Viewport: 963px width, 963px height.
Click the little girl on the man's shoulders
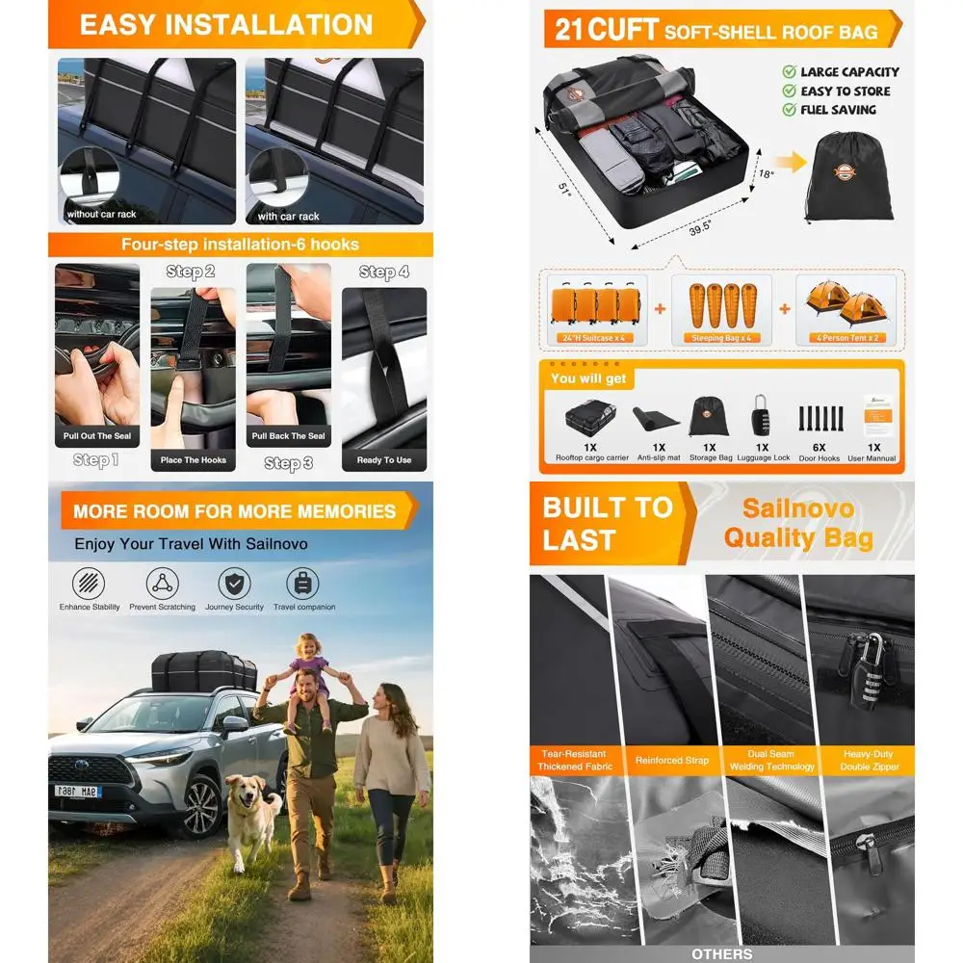[310, 674]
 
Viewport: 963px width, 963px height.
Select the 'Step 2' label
[191, 273]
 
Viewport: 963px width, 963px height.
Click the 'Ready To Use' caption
[383, 460]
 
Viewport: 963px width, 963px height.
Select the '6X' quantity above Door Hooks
[819, 447]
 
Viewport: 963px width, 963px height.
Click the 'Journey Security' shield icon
[234, 584]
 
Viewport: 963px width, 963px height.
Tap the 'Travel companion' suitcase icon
[303, 584]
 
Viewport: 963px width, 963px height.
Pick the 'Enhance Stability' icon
[90, 584]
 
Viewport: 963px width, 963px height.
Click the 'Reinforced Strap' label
[672, 761]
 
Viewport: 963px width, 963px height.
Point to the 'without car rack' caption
[97, 215]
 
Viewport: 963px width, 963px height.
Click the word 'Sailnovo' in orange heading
[797, 508]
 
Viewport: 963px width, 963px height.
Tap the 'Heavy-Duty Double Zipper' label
[868, 761]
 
